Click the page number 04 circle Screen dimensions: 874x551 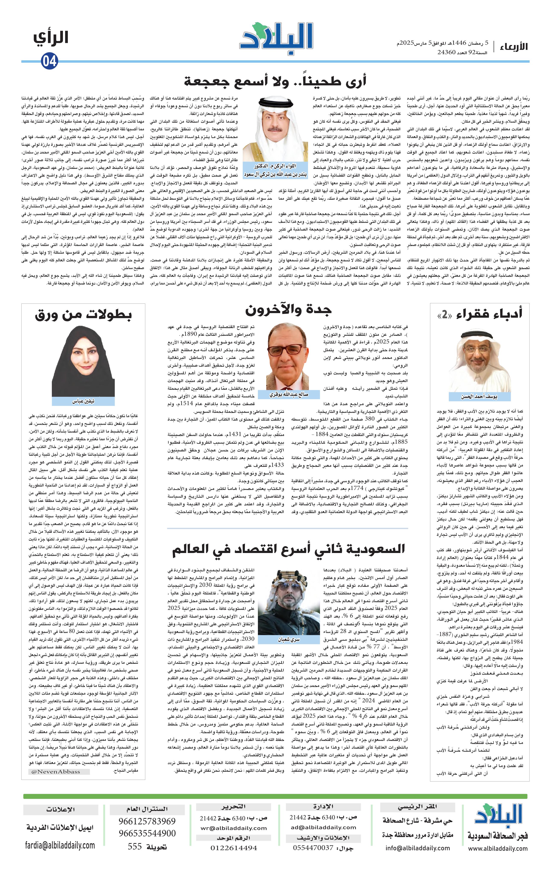(49, 61)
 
